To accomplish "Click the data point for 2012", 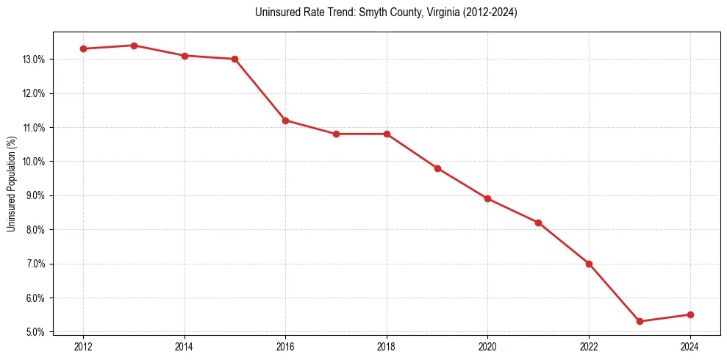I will coord(83,48).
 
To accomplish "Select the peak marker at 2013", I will coord(134,46).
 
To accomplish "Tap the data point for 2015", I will coord(235,59).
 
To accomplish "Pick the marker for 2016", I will coord(285,120).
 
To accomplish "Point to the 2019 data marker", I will coord(437,168).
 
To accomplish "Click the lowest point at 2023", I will coord(640,321).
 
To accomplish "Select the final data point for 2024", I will coord(690,314).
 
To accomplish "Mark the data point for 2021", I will coord(538,223).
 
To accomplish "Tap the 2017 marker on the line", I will coord(336,134).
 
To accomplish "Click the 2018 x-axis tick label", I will coord(387,346).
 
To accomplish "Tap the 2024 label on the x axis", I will coord(690,346).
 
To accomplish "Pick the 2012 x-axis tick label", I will coord(83,346).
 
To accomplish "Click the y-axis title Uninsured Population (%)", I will coord(12,184).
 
